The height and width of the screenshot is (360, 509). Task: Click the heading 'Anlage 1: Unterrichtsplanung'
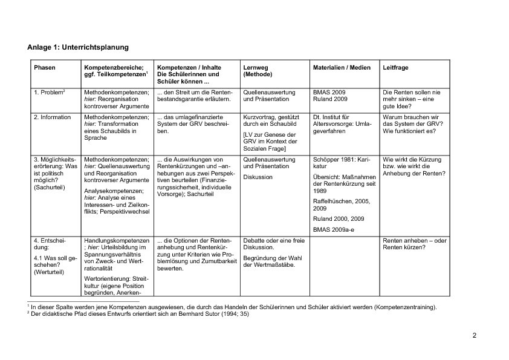pyautogui.click(x=78, y=47)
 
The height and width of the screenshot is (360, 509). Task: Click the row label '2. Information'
pyautogui.click(x=53, y=117)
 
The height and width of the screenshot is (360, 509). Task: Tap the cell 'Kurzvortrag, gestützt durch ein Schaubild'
pyautogui.click(x=270, y=120)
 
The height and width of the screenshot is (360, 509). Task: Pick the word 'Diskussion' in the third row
pyautogui.click(x=258, y=177)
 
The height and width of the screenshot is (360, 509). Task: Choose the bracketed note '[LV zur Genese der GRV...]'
pyautogui.click(x=270, y=142)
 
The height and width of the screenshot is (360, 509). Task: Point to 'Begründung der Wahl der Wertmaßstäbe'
pyautogui.click(x=270, y=261)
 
